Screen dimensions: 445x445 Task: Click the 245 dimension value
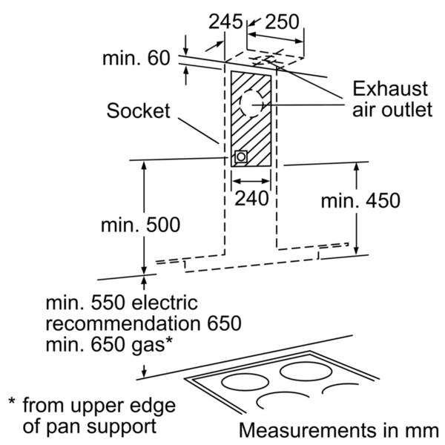225,22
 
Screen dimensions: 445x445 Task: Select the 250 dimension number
282,22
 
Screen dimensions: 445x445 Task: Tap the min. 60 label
136,58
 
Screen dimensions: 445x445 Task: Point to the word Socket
138,111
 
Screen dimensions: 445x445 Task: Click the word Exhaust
390,89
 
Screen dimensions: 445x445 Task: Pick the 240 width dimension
251,198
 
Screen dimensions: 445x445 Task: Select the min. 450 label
360,200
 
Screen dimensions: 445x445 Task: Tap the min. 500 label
140,225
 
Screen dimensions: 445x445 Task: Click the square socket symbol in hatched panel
241,156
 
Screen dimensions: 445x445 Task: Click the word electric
165,303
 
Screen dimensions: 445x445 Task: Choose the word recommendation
124,323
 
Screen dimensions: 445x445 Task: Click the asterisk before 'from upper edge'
12,401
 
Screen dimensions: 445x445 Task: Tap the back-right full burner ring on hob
306,372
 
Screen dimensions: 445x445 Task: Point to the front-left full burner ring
245,382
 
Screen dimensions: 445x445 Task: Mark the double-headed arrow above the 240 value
251,181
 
